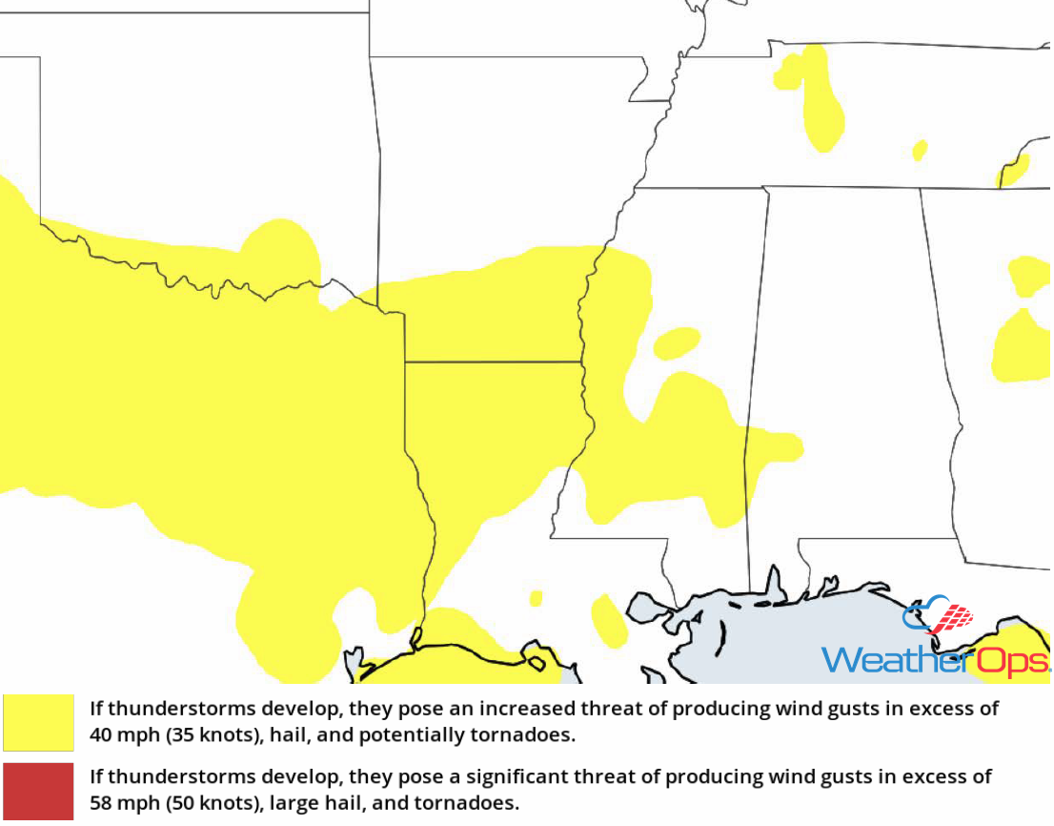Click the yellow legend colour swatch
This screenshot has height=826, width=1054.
38,722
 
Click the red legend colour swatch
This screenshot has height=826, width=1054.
38,791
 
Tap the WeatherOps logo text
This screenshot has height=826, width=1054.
934,660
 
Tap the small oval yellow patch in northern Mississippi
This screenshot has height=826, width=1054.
678,343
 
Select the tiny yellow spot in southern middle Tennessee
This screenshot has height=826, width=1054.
920,150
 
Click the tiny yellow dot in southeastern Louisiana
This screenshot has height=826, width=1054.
536,598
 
